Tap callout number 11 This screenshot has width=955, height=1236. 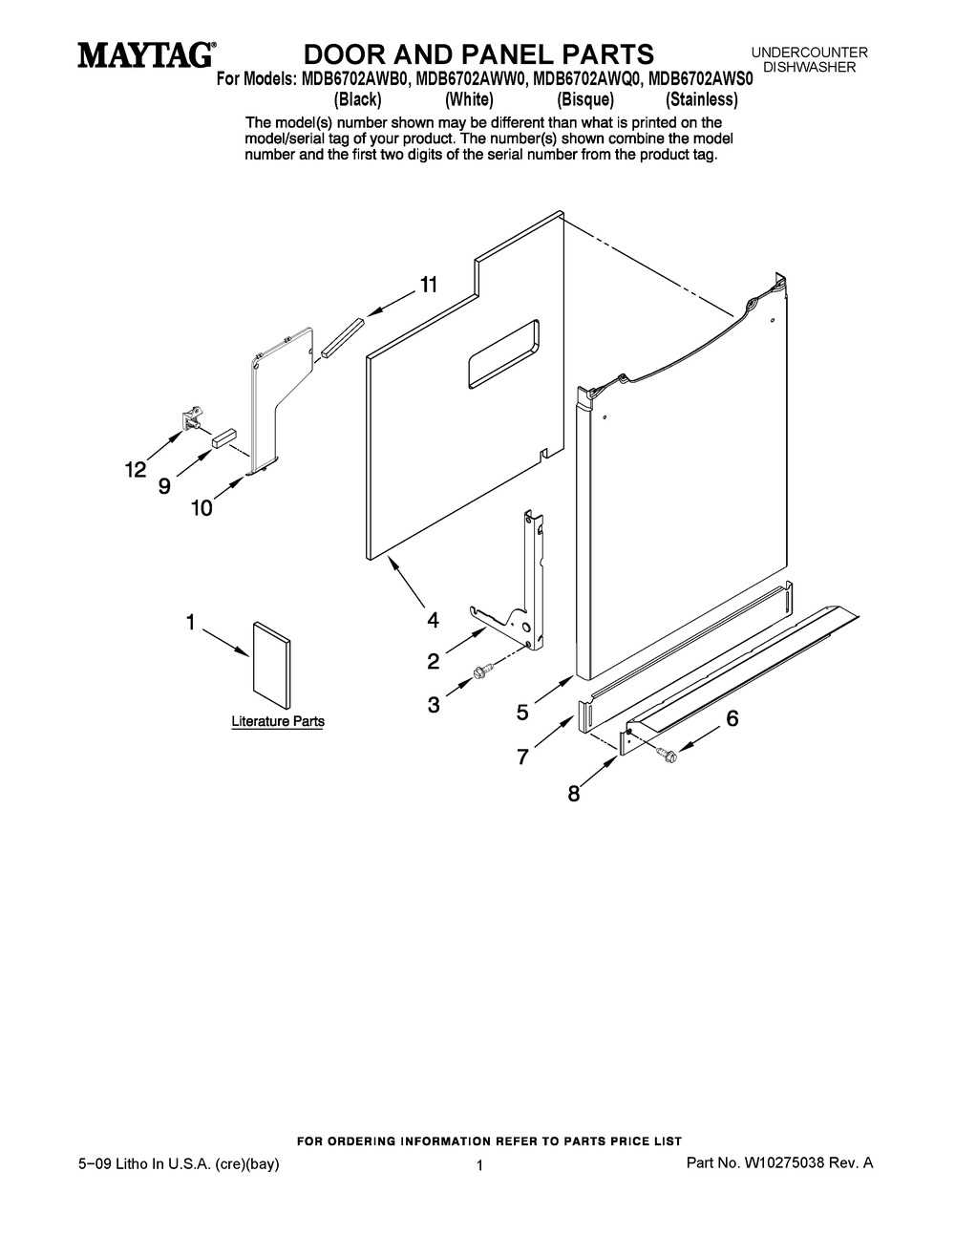click(x=429, y=285)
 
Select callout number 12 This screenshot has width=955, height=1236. click(x=136, y=470)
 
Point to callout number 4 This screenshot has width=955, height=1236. click(x=434, y=620)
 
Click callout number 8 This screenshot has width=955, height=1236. click(x=574, y=794)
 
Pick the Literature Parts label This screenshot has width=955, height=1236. click(x=278, y=721)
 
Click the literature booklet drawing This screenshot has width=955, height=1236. click(x=271, y=665)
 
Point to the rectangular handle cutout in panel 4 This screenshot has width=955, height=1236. click(x=503, y=353)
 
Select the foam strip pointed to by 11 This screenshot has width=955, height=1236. click(x=342, y=337)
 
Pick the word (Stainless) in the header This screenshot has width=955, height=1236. click(x=702, y=99)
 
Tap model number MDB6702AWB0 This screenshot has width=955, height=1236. click(x=354, y=79)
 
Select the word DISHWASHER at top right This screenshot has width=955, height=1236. click(x=809, y=67)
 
